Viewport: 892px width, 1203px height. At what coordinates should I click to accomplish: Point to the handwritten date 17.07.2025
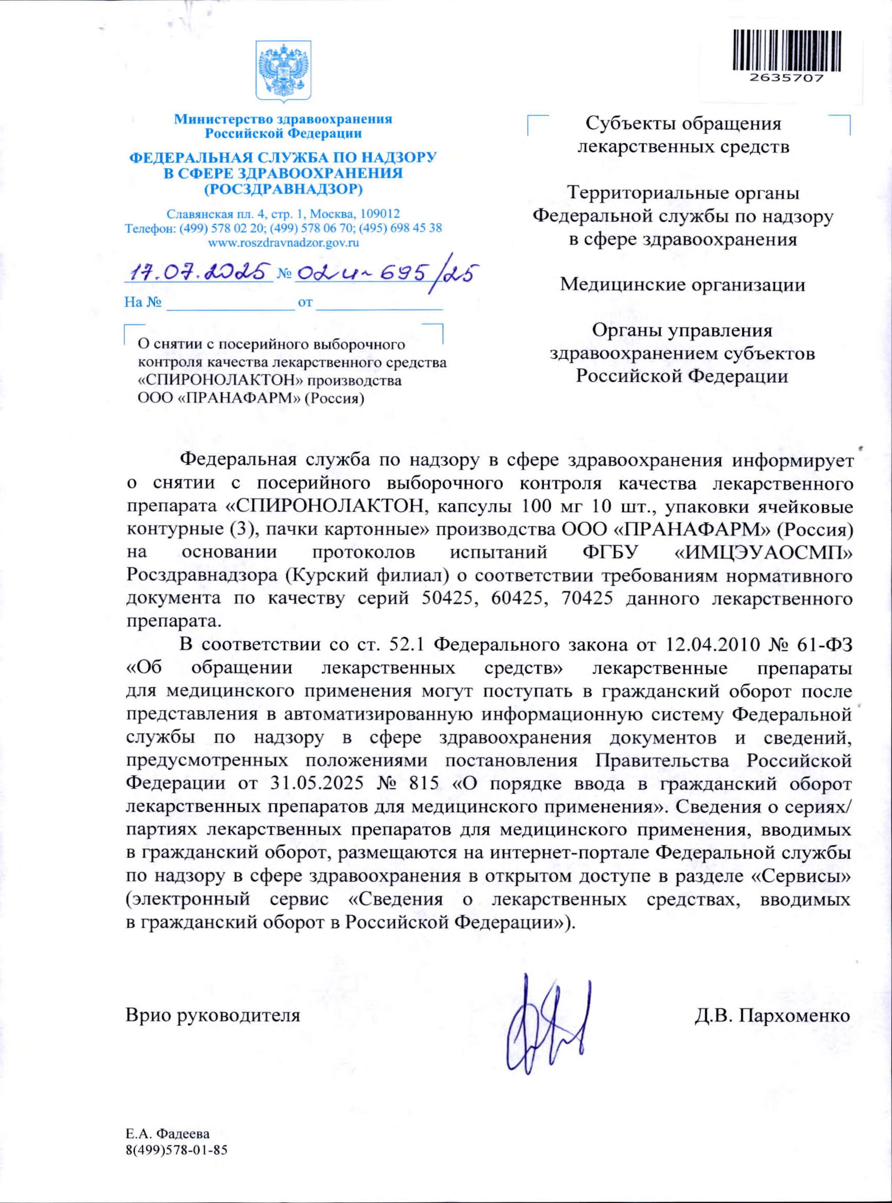[x=198, y=273]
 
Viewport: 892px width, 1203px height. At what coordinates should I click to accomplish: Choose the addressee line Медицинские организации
[x=683, y=285]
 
